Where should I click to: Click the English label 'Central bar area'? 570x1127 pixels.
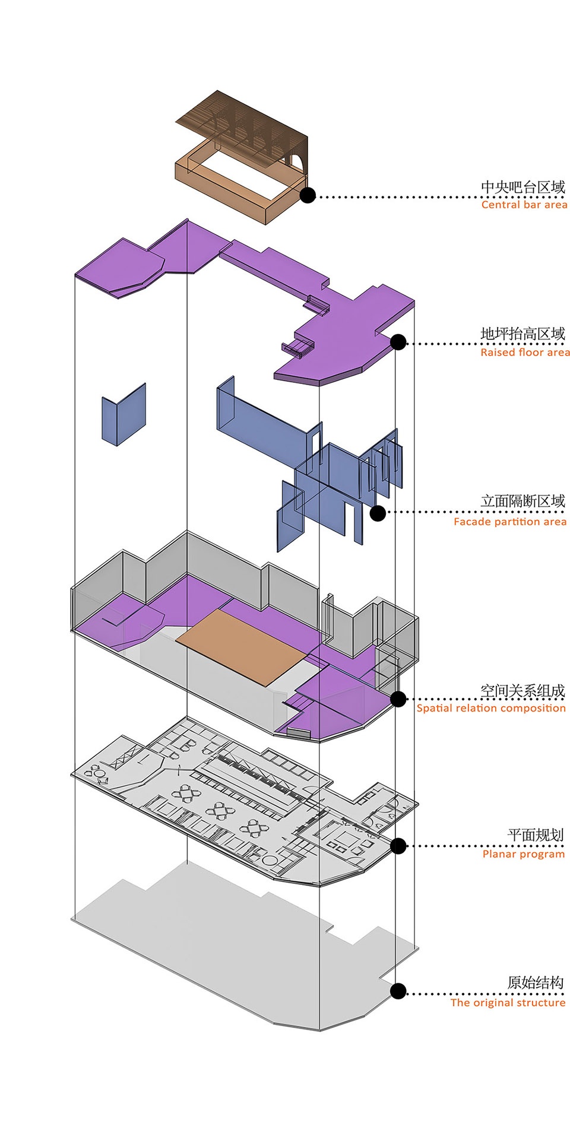click(524, 205)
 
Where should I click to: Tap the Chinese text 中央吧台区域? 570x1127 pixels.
click(522, 187)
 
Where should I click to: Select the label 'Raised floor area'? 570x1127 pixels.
click(525, 353)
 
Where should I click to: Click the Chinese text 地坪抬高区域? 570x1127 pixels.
click(522, 334)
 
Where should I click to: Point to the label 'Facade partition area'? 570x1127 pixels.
click(510, 522)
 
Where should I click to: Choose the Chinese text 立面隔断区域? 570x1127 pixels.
click(522, 501)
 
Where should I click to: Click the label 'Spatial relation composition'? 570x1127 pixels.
click(491, 708)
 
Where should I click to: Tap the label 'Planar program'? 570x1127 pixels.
click(524, 854)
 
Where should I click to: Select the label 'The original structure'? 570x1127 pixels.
click(508, 1002)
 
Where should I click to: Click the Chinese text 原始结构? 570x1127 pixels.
click(536, 983)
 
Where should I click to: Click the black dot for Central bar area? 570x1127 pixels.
click(308, 195)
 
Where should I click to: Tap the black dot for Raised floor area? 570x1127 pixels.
click(398, 342)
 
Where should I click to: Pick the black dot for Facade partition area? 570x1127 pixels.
click(378, 513)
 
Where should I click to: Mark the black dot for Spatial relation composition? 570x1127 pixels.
click(398, 699)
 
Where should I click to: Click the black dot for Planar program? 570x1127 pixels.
click(398, 846)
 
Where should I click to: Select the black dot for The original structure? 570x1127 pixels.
click(398, 991)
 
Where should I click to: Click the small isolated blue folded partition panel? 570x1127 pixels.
click(123, 415)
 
